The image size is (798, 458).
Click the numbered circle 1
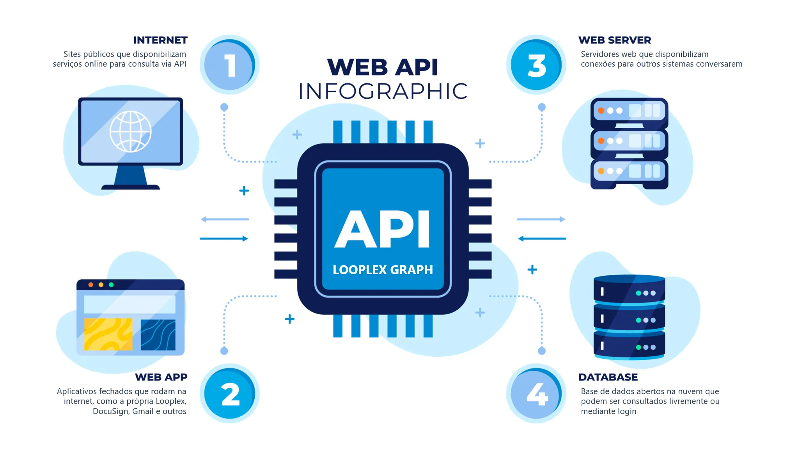click(x=230, y=65)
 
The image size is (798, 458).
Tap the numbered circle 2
click(x=230, y=393)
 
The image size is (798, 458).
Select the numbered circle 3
click(x=536, y=65)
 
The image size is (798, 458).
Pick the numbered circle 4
click(x=536, y=393)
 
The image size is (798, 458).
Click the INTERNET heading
click(x=160, y=40)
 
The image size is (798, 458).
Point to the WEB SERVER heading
click(x=615, y=40)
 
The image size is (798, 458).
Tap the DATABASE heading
click(x=608, y=377)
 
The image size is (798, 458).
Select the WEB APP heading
click(x=161, y=377)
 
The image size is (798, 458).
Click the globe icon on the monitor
click(x=130, y=131)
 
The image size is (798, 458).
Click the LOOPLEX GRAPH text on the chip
click(x=383, y=270)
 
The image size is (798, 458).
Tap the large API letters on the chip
click(x=382, y=229)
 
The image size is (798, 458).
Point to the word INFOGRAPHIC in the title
click(x=383, y=91)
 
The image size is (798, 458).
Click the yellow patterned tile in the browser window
click(x=108, y=334)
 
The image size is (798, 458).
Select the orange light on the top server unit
click(x=601, y=111)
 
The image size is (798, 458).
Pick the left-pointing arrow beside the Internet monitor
click(x=225, y=219)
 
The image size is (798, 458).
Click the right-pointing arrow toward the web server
click(x=541, y=219)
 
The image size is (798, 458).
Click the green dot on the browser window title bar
click(x=111, y=285)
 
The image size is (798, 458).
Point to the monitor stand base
click(x=131, y=187)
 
